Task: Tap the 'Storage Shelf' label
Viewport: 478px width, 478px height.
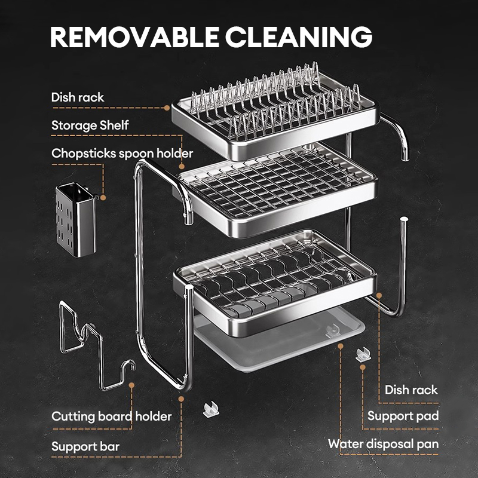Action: pos(90,125)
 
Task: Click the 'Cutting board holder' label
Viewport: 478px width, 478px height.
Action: pos(112,416)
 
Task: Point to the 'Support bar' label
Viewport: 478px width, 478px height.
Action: pos(85,446)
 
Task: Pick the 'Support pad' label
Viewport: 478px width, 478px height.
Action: pos(403,416)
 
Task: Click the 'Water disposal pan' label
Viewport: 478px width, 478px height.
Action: pos(383,444)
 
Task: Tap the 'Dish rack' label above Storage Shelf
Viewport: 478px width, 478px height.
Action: pos(78,97)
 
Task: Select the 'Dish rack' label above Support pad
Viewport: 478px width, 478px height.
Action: pos(411,390)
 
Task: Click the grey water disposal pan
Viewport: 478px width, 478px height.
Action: pos(281,347)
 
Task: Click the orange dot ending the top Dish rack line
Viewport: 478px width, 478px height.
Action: pos(167,108)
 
